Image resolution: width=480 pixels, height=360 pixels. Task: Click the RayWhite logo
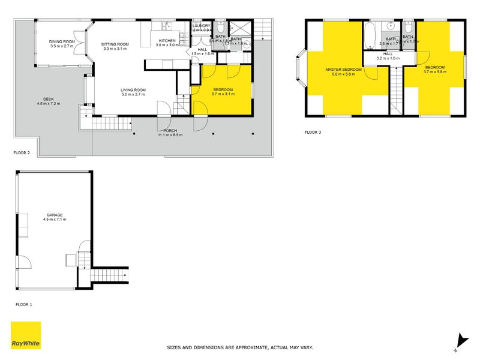click(26, 335)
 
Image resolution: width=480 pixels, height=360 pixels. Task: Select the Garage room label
click(54, 215)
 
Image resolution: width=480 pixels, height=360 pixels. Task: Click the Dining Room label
click(62, 41)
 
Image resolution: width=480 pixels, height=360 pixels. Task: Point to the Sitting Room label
click(115, 44)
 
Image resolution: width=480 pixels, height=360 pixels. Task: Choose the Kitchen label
click(167, 41)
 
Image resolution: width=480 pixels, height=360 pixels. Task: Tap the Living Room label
click(133, 90)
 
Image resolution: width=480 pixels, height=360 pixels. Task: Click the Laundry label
click(202, 26)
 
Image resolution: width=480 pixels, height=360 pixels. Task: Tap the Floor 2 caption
click(23, 153)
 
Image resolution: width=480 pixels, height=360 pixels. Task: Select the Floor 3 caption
click(313, 132)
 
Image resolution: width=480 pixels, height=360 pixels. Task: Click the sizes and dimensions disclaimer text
click(239, 347)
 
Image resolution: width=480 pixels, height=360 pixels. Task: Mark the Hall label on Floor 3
click(388, 54)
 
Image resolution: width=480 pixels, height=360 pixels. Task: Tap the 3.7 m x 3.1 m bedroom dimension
click(222, 95)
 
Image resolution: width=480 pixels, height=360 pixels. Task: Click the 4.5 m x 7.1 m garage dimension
click(54, 220)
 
